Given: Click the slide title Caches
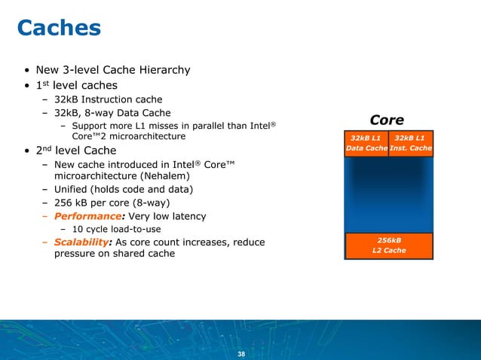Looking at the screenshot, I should point(59,28).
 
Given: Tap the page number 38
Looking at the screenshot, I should point(241,353).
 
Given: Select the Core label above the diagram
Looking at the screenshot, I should point(387,121).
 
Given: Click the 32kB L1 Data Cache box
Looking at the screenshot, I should point(366,143).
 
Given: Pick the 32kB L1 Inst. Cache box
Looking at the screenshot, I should point(411,143).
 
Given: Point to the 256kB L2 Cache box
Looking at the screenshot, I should point(388,245).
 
